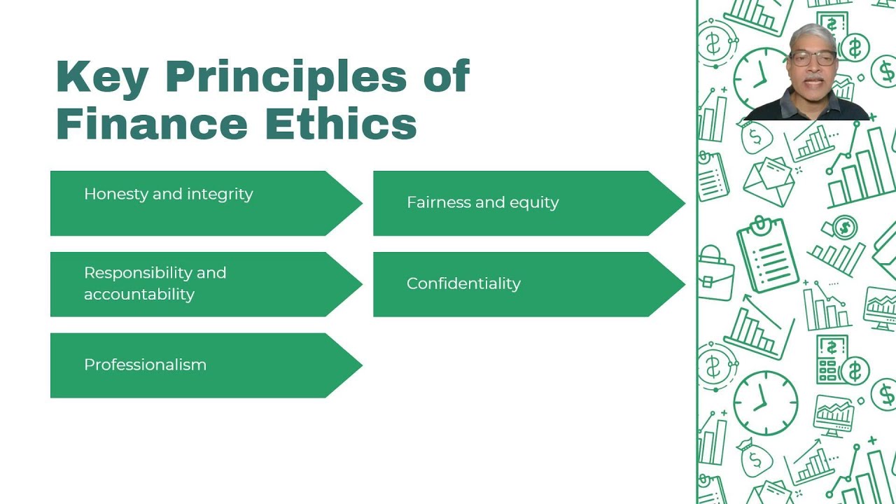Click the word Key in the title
(101, 76)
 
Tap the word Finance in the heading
(151, 124)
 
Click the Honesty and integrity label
(168, 194)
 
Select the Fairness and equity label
(482, 202)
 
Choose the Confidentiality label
(463, 283)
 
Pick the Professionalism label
(145, 365)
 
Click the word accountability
(139, 294)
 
